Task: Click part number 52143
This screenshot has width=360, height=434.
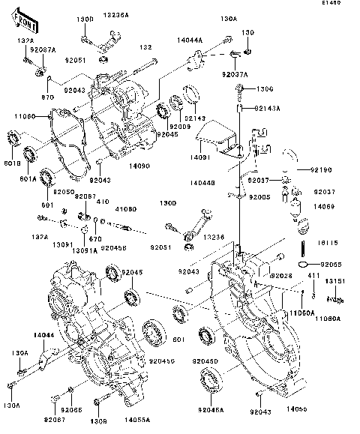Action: click(x=195, y=119)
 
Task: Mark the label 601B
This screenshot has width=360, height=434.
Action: click(x=12, y=163)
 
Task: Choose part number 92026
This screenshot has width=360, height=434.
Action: click(x=280, y=276)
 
